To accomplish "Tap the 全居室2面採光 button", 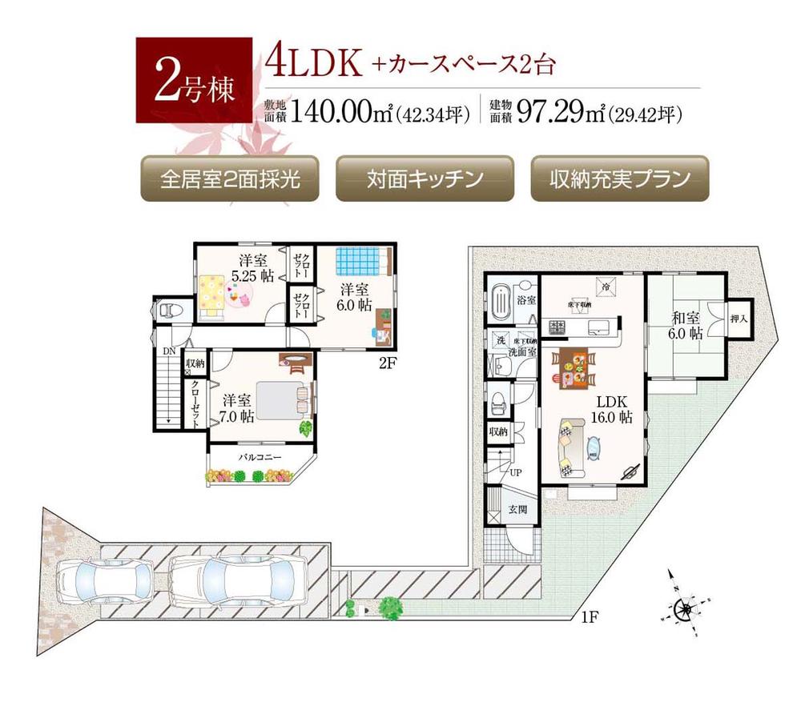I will [229, 179].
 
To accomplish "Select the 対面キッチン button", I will [425, 179].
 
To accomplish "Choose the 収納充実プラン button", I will [620, 179].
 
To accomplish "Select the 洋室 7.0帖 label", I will [239, 407].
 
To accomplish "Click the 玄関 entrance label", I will [517, 510].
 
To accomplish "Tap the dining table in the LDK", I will [573, 372].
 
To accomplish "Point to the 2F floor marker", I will [388, 363].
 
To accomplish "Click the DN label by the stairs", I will [169, 350].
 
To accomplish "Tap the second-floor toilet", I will [170, 310].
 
